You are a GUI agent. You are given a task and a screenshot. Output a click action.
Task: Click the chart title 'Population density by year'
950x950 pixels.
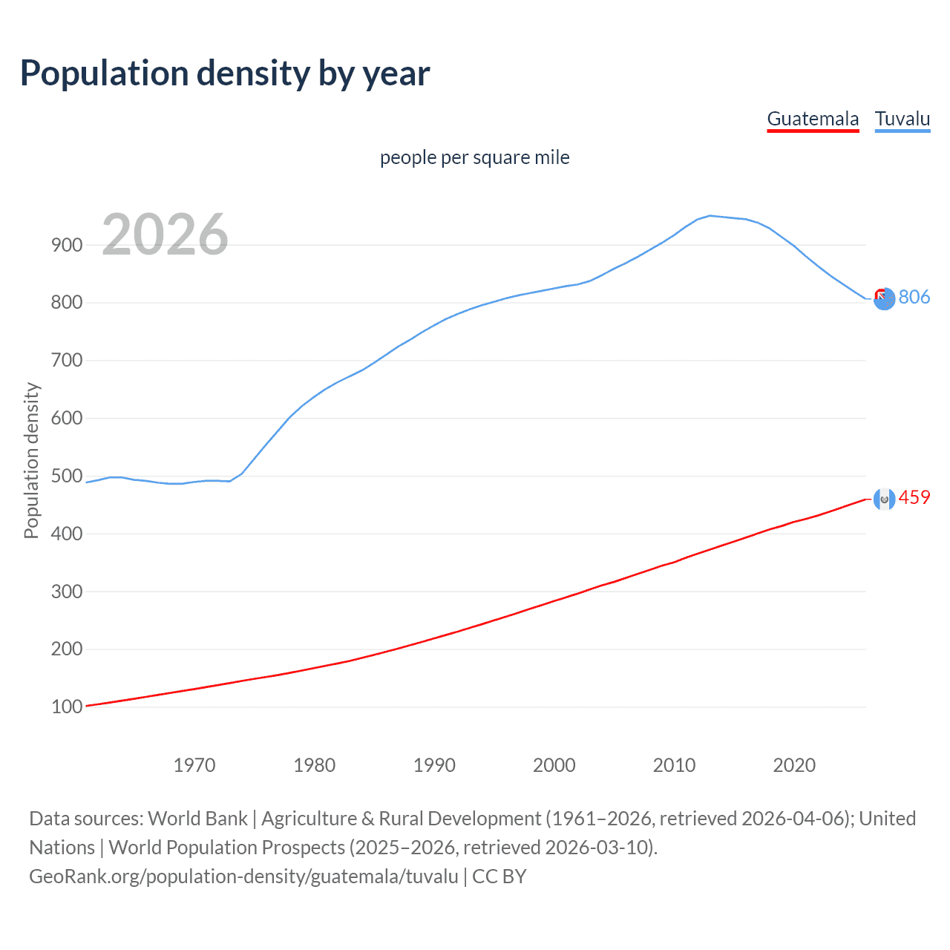tap(225, 73)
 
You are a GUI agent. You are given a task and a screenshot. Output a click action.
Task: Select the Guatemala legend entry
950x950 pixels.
tap(813, 119)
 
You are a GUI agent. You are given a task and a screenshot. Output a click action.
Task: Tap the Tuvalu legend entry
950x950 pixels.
tap(902, 119)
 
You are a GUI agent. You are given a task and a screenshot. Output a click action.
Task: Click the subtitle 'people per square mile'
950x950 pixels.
tap(474, 157)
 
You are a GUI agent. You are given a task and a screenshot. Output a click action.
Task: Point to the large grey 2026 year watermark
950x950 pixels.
tap(165, 235)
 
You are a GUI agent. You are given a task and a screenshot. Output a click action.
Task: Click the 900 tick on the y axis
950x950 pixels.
tap(67, 245)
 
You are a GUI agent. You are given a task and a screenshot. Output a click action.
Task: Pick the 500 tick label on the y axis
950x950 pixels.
tap(67, 476)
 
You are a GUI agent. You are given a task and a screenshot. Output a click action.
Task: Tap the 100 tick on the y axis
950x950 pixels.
tap(67, 707)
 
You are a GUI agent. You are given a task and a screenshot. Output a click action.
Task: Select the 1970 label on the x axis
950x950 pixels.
tap(194, 765)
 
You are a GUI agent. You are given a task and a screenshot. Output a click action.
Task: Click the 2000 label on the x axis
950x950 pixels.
tap(554, 765)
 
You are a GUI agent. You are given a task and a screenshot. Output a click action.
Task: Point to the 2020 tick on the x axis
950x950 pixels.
tap(794, 765)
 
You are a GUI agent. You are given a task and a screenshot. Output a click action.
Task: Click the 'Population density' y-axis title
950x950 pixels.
tap(31, 460)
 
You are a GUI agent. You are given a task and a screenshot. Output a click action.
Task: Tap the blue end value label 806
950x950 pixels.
tap(914, 297)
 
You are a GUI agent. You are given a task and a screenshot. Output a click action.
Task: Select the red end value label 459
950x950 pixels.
tap(914, 497)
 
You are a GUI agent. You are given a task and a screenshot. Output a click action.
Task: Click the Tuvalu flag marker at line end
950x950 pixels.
tap(884, 298)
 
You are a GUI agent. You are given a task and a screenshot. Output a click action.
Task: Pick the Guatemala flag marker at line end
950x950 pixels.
tap(884, 499)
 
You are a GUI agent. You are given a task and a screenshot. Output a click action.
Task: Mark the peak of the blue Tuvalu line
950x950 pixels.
tap(710, 216)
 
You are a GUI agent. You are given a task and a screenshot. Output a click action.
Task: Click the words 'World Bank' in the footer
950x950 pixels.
tap(197, 819)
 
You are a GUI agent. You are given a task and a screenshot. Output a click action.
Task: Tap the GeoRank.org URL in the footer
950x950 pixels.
tap(243, 877)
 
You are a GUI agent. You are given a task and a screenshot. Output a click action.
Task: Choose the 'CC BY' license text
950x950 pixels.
tap(499, 877)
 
